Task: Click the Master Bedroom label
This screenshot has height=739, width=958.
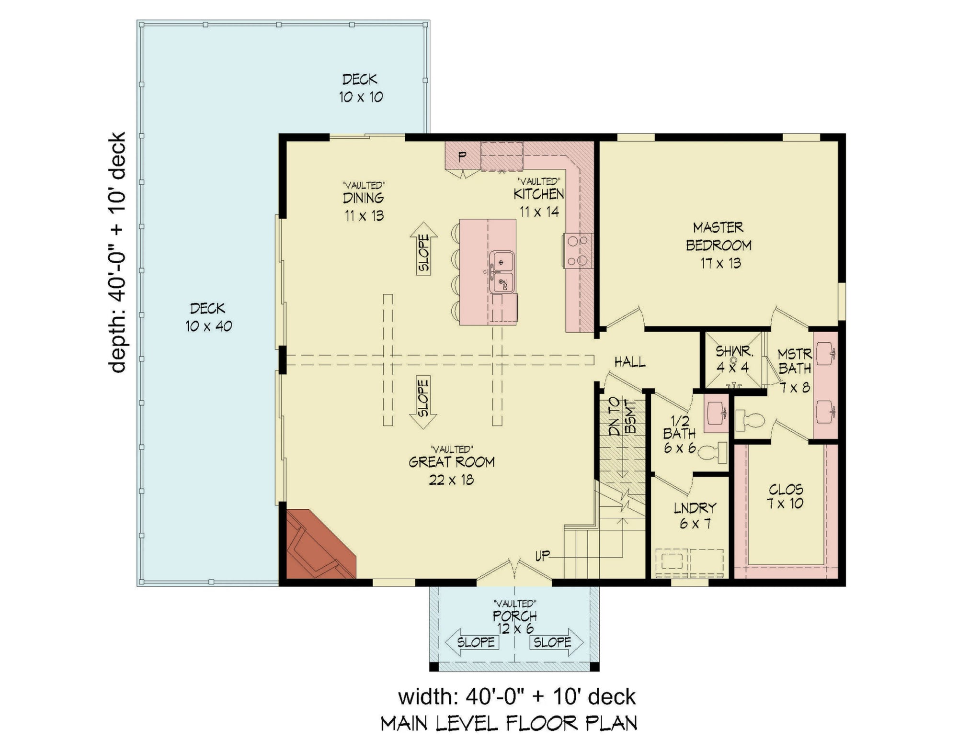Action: coord(718,245)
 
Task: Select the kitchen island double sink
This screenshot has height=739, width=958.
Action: coord(502,272)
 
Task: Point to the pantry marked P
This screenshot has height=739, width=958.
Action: coord(462,156)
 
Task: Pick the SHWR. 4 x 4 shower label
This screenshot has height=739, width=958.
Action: coord(733,359)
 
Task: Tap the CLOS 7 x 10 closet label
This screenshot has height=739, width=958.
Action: coord(786,496)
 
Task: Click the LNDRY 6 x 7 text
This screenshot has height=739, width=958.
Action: coord(695,515)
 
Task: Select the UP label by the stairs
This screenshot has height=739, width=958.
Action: coord(542,556)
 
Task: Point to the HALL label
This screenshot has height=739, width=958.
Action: coord(630,362)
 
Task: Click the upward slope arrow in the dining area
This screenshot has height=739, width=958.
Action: coord(424,249)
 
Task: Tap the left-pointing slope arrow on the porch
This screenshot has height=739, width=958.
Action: coord(472,642)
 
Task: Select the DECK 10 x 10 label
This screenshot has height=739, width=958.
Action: coord(360,88)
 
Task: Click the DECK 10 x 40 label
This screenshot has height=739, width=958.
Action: coord(208,317)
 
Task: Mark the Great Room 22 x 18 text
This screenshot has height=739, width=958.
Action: coord(451,470)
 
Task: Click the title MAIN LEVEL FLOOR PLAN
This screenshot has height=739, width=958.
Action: coord(509,723)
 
